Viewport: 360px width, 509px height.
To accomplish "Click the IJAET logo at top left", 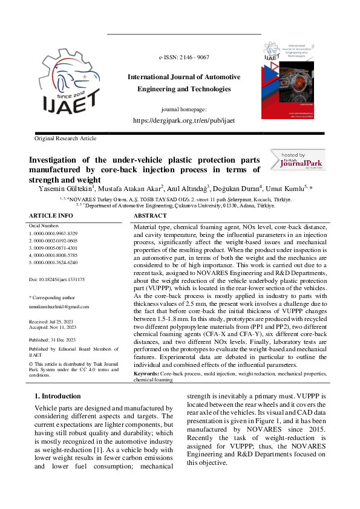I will (x=70, y=83).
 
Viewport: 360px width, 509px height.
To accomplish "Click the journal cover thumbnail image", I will (x=288, y=80).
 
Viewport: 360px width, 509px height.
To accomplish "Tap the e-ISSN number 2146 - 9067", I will (x=184, y=57).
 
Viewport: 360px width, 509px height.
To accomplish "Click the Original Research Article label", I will (x=65, y=138).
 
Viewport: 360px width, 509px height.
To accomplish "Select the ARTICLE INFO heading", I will (x=51, y=215).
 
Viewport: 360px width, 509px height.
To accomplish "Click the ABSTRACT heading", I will (x=150, y=215).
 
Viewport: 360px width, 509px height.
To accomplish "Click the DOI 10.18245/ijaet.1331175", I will (x=57, y=280).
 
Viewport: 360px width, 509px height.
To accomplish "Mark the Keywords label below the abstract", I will (x=147, y=375).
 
